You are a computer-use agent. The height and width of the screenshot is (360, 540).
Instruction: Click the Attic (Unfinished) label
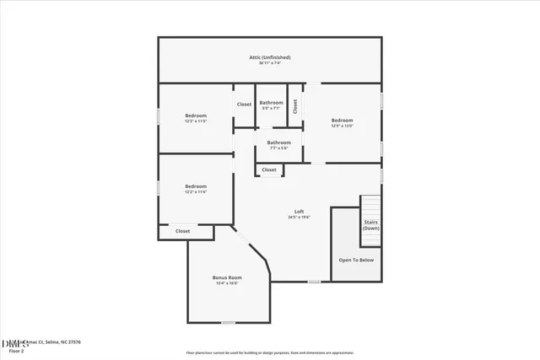tap(269, 57)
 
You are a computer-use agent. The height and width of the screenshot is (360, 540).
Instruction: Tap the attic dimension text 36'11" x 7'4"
tap(269, 63)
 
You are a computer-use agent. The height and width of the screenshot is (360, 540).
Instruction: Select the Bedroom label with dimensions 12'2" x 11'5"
tap(196, 116)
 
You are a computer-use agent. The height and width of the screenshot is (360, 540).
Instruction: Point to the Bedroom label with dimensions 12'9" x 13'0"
tap(342, 120)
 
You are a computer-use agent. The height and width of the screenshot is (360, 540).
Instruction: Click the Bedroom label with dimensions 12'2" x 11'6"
tap(196, 186)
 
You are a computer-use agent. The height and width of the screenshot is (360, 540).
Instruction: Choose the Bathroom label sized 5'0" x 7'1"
tap(271, 103)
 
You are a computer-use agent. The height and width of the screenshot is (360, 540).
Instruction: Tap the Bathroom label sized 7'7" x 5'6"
tap(279, 142)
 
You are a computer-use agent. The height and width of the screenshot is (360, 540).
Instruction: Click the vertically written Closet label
tap(295, 106)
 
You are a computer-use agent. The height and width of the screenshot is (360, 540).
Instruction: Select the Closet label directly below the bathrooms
tap(269, 170)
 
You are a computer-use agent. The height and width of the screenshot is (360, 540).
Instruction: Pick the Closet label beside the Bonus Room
tap(182, 231)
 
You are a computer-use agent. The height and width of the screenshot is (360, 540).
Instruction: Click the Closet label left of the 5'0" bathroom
tap(244, 104)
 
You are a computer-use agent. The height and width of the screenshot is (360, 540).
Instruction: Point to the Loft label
tap(299, 211)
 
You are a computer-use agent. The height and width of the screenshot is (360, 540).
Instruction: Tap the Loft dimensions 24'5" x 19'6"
tap(299, 218)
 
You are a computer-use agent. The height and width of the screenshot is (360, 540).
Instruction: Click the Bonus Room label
tap(227, 278)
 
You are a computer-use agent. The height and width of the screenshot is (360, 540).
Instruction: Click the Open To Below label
tap(356, 261)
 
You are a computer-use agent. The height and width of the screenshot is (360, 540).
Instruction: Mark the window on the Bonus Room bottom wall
tap(228, 322)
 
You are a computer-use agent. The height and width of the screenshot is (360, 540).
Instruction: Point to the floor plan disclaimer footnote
tap(269, 353)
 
